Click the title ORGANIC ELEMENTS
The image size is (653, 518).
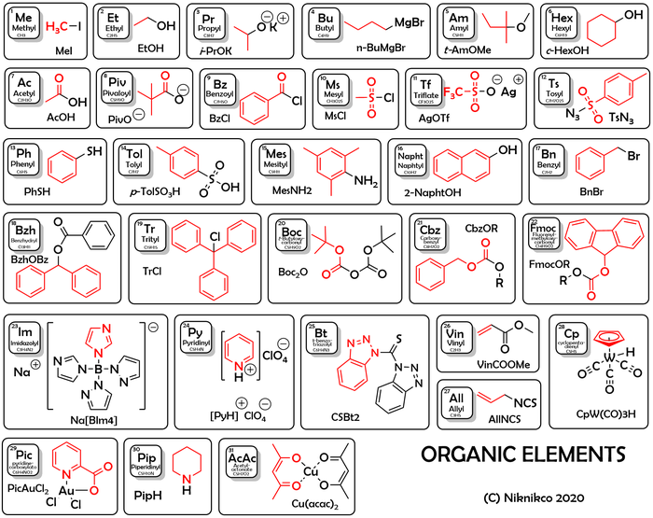[521, 455]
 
